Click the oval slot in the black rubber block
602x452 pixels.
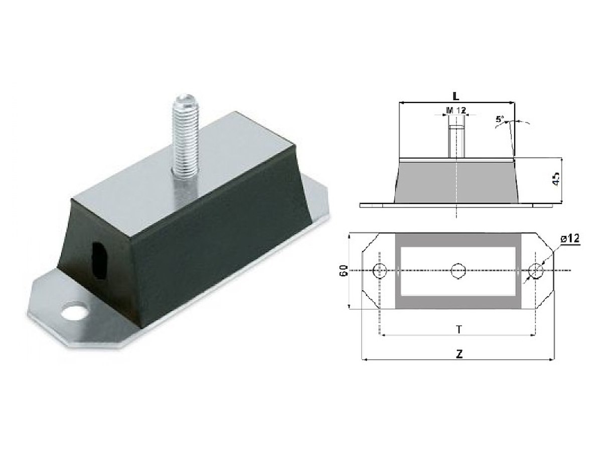[x=99, y=257]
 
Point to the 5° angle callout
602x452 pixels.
[x=500, y=120]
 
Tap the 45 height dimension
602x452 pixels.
[x=556, y=179]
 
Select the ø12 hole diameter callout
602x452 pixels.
[x=569, y=238]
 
